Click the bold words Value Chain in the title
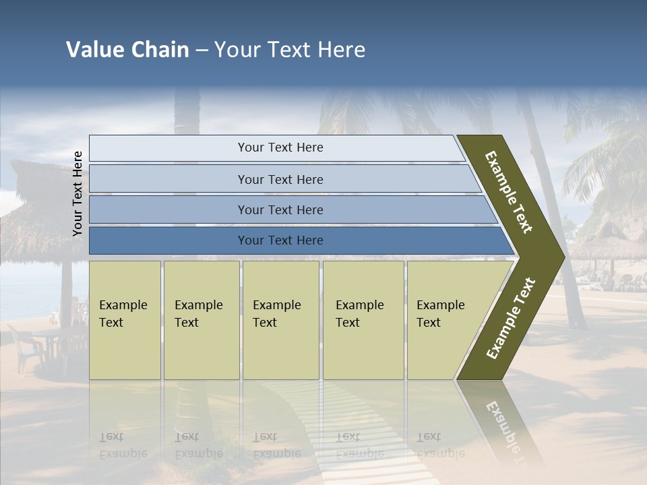(x=127, y=50)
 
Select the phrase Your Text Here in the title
(x=290, y=50)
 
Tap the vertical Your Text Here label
(x=78, y=193)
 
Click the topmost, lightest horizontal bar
(x=280, y=148)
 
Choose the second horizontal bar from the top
(x=280, y=179)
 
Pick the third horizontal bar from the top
(x=280, y=209)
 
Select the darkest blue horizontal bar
(x=280, y=240)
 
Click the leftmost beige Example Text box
(x=125, y=320)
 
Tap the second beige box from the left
(x=201, y=320)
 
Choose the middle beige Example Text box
(x=280, y=320)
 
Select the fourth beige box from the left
(x=363, y=320)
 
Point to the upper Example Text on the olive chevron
(x=509, y=192)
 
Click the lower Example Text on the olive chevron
(x=510, y=319)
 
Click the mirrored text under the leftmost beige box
(x=123, y=445)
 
